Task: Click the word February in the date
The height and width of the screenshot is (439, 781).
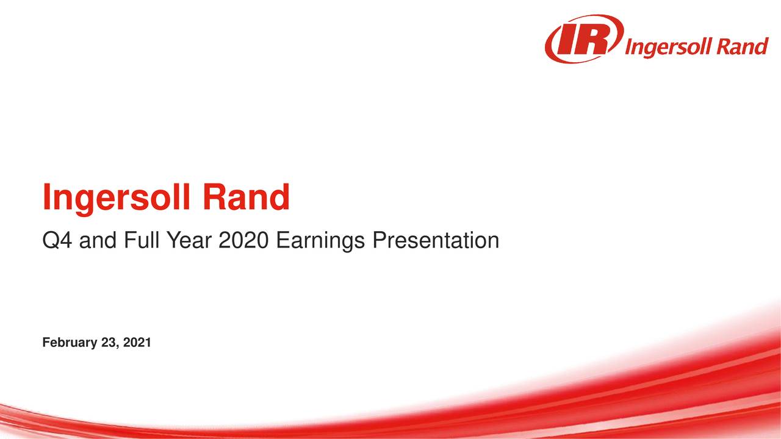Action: [x=68, y=345]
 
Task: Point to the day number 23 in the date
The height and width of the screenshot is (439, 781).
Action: [x=104, y=344]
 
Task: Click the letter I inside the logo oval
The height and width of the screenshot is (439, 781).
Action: [x=570, y=39]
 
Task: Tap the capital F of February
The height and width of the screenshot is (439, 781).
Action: [x=46, y=344]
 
